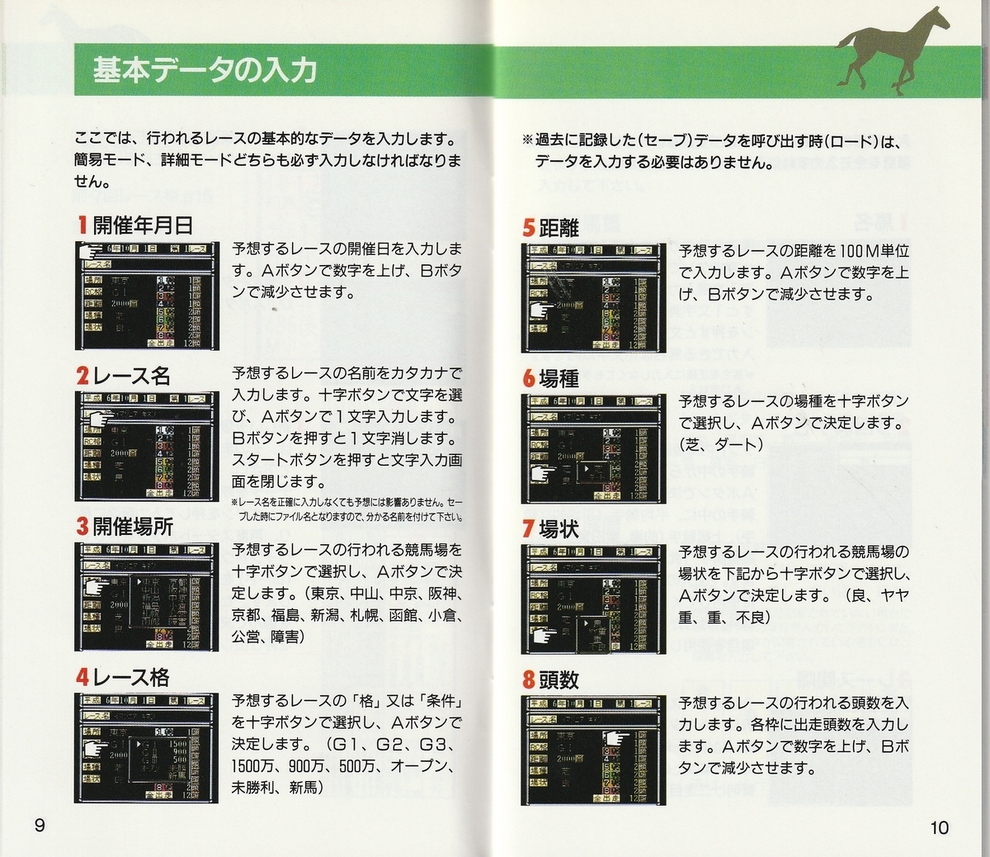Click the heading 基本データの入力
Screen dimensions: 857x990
[205, 70]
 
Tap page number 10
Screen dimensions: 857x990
[939, 826]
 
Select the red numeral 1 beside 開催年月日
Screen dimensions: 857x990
[82, 225]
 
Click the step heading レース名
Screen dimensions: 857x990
[132, 376]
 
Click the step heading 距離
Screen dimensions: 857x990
[559, 227]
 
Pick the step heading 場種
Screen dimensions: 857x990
[559, 378]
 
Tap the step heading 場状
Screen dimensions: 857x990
[559, 529]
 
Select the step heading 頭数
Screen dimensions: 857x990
[559, 680]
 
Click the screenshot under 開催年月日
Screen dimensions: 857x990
[148, 296]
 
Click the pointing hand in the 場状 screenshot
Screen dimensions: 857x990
[544, 634]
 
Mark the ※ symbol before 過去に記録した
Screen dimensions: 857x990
[527, 140]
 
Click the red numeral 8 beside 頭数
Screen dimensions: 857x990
[529, 680]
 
